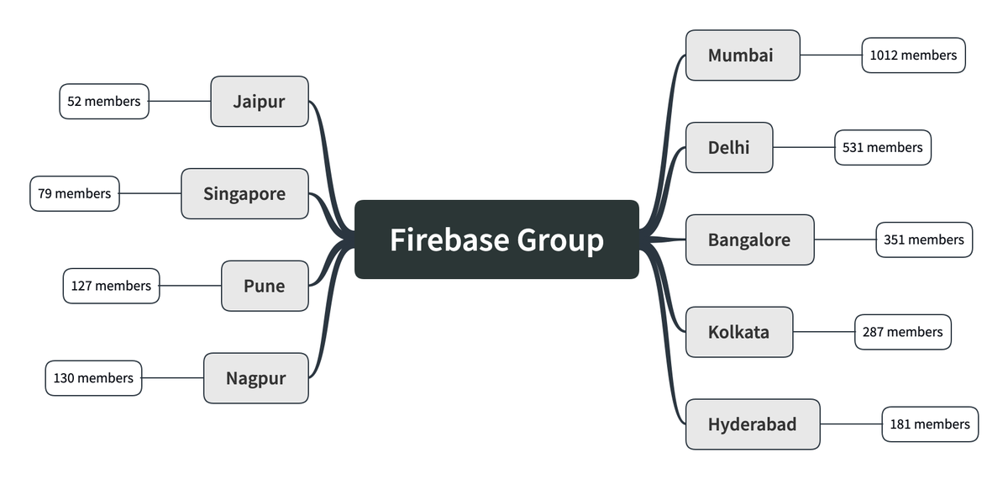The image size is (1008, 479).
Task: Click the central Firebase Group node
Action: coord(496,239)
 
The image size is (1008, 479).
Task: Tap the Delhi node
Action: coord(729,148)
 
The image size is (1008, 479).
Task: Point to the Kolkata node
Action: coord(739,332)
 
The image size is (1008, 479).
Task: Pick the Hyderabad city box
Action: coord(753,424)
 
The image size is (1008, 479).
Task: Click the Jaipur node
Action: coord(260,102)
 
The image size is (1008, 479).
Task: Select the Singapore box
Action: coord(244,194)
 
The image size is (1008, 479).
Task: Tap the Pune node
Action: coord(265,286)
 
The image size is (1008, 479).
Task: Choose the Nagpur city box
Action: coord(256,378)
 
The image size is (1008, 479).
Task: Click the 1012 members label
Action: coord(913,55)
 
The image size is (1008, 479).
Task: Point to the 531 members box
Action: coord(883,148)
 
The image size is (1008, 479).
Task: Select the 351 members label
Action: coord(924,240)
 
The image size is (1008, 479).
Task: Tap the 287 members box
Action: coord(903,332)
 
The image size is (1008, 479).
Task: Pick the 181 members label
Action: coord(930,424)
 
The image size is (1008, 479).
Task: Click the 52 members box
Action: coord(104,102)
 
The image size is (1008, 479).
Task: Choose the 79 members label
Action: coord(75,194)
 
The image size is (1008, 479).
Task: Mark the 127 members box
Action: coord(111,286)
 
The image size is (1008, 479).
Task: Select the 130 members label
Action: coord(93,378)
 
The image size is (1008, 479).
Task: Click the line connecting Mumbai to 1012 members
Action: coord(831,55)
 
